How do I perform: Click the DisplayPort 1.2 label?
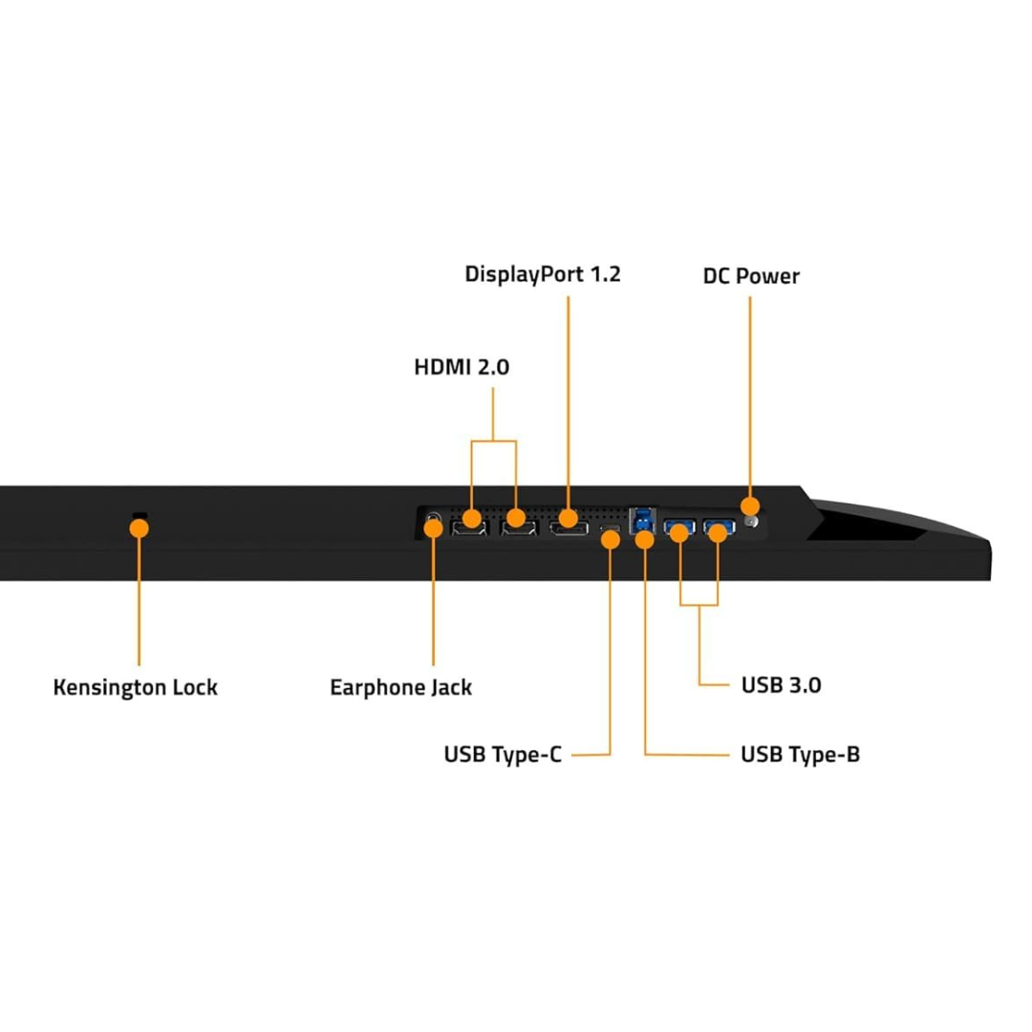tap(543, 274)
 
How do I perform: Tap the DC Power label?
tap(751, 276)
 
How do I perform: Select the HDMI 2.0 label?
tap(462, 367)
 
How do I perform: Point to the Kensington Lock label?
tap(135, 687)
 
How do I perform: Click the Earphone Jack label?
tap(400, 687)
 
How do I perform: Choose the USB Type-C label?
tap(503, 754)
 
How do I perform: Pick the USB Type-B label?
tap(801, 754)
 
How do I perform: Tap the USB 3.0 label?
tap(782, 685)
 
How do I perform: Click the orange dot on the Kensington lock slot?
tap(139, 527)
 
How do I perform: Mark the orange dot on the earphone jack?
tap(433, 527)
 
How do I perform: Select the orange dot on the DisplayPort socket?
tap(568, 518)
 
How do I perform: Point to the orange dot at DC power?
tap(750, 506)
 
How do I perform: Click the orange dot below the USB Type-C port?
tap(610, 540)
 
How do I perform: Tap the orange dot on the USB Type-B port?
tap(645, 540)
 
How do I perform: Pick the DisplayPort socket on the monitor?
tap(570, 527)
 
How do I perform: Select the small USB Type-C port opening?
tap(610, 528)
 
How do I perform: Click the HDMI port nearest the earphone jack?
tap(469, 527)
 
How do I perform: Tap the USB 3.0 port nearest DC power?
tap(720, 527)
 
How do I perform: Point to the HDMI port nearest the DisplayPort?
tap(519, 527)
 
